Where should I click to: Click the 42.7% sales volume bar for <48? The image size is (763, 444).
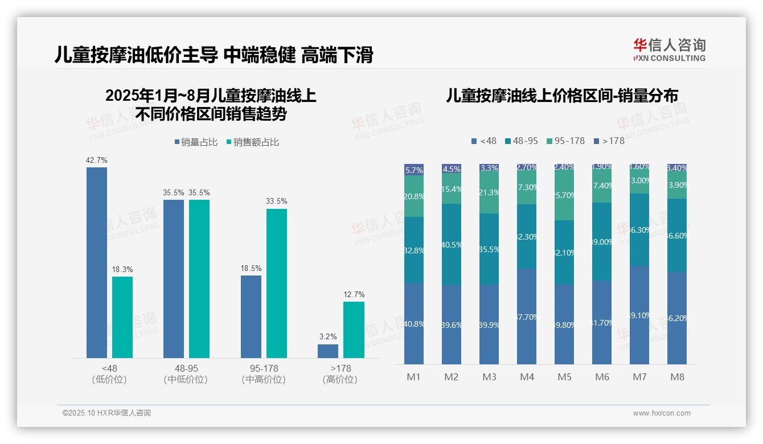tap(96, 262)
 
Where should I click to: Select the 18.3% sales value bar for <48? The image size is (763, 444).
tap(122, 317)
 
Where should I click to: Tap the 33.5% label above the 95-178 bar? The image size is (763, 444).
tap(277, 202)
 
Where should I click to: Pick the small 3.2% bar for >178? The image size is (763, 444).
tap(328, 351)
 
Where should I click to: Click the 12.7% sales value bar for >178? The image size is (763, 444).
tap(354, 330)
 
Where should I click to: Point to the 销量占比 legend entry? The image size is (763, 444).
tap(196, 142)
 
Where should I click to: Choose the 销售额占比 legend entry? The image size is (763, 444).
tap(253, 142)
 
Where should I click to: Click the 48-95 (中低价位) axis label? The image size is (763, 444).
tap(186, 374)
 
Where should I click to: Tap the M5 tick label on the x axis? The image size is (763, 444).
tap(564, 377)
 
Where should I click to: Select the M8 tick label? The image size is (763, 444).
tap(677, 377)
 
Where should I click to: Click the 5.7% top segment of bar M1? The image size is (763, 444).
tap(414, 170)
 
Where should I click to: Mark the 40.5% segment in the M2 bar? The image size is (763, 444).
tap(452, 245)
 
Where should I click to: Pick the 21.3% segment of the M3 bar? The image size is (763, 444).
tap(489, 192)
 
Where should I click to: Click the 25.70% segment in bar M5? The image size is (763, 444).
tap(564, 195)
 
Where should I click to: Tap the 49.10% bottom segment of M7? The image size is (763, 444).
tap(639, 315)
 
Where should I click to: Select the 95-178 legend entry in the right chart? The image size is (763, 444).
tap(565, 141)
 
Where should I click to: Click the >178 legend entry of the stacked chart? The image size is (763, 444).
tap(609, 141)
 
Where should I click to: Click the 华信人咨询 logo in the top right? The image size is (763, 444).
tap(669, 50)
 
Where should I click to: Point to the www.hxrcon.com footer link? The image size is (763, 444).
tap(662, 413)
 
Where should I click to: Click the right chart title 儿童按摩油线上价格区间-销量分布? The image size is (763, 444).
tap(561, 96)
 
